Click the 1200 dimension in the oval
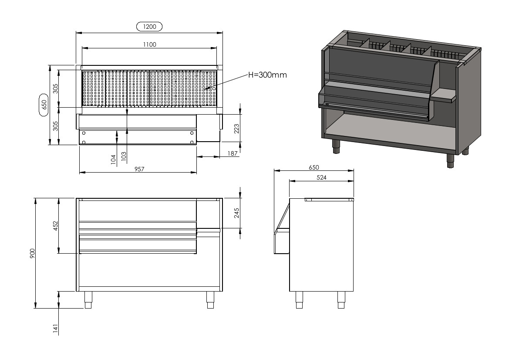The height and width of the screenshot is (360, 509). [x=149, y=27]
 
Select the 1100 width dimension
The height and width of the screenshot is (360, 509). [x=150, y=44]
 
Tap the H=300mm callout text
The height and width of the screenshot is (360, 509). [x=267, y=75]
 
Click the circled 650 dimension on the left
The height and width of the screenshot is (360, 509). [x=44, y=105]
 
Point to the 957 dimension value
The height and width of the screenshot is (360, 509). [x=139, y=169]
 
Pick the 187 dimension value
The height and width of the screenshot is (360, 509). [x=233, y=153]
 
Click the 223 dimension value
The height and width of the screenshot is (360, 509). [x=236, y=129]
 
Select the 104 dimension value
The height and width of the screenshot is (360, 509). [x=113, y=160]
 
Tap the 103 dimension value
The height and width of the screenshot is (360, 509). [x=123, y=156]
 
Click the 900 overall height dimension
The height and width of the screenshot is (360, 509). [x=32, y=253]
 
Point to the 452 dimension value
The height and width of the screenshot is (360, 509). [x=55, y=226]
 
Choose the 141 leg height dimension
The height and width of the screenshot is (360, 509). [x=55, y=329]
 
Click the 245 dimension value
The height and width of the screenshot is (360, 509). [x=236, y=213]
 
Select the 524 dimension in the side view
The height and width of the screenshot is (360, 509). [x=321, y=177]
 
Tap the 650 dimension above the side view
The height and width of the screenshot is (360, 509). [x=314, y=167]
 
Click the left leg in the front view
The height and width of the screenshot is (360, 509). [x=88, y=300]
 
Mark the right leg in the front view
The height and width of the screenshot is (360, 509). [x=210, y=300]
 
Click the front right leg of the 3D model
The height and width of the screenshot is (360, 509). [x=450, y=161]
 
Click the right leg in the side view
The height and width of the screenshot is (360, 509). [x=341, y=300]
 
